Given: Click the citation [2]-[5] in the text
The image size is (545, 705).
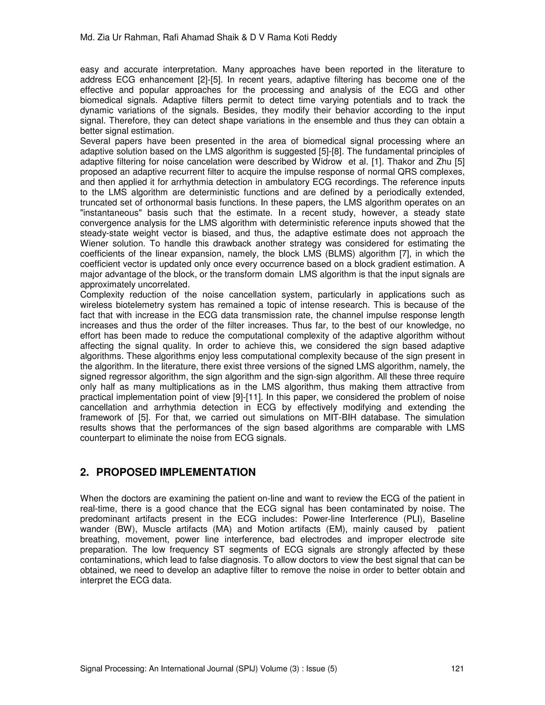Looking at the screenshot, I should pos(210,80).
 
